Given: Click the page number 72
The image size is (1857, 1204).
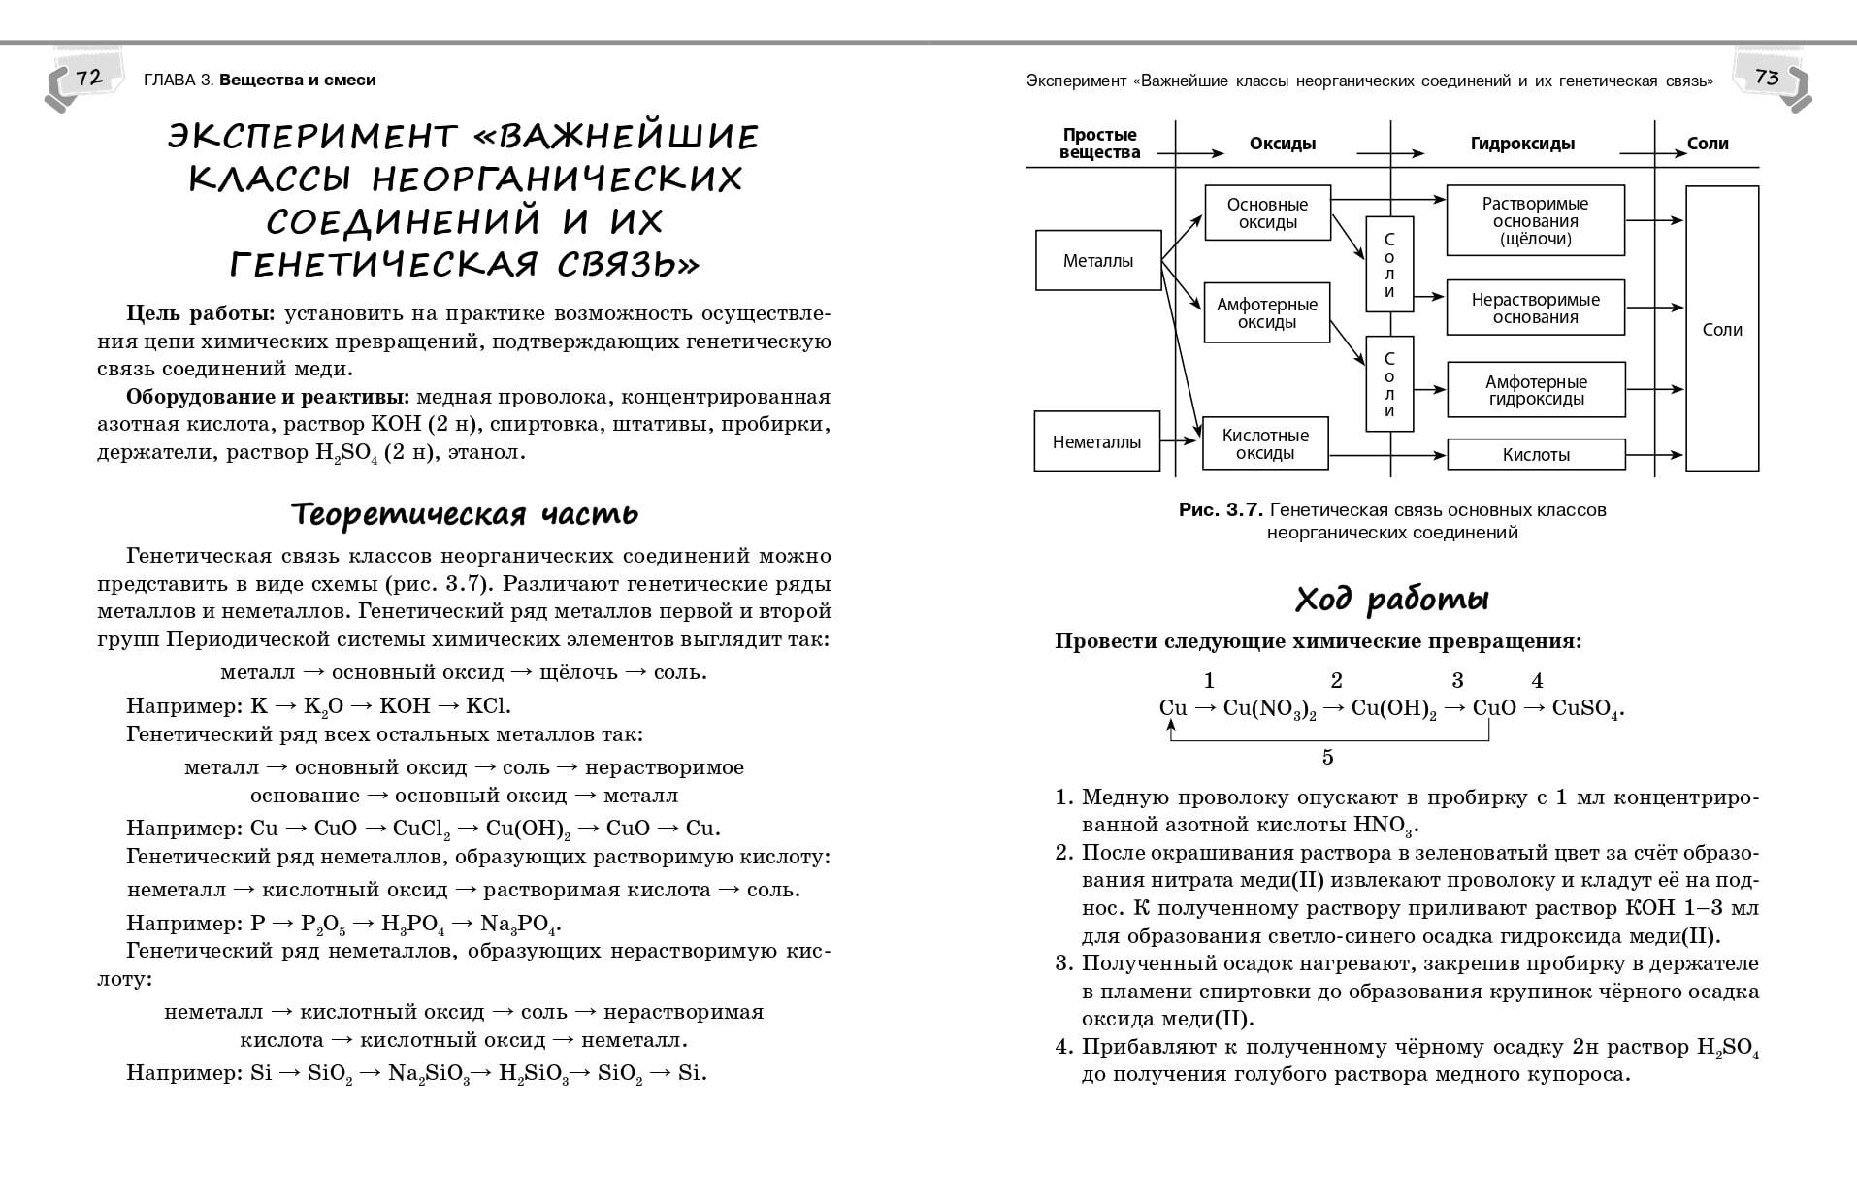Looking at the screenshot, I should (x=88, y=78).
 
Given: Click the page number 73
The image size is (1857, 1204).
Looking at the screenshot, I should (x=1767, y=78).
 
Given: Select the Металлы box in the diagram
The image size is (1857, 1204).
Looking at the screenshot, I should (x=1097, y=260).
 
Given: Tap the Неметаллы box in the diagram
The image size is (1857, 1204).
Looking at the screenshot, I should (x=1096, y=442).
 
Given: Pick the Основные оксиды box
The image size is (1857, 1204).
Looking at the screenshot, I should (x=1266, y=213).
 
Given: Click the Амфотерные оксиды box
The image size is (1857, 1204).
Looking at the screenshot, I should (x=1266, y=313).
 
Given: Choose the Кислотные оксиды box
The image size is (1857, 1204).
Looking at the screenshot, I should (x=1265, y=444).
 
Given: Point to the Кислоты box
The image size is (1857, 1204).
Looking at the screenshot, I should (x=1535, y=455).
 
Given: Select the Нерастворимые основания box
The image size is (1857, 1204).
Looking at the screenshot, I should (x=1535, y=309).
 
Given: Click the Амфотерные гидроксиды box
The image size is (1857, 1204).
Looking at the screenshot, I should (x=1535, y=390).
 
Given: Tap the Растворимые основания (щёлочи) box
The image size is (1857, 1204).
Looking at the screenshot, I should (x=1535, y=220).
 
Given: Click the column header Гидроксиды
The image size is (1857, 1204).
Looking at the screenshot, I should (x=1522, y=144).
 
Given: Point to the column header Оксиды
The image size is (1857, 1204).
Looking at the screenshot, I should (x=1282, y=144).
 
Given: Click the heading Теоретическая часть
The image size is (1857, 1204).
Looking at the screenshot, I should (x=465, y=513).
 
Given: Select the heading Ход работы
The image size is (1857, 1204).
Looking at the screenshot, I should (x=1391, y=599).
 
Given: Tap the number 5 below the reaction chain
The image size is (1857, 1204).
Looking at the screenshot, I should (x=1328, y=757).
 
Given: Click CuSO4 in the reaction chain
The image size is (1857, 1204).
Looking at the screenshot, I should (x=1585, y=709).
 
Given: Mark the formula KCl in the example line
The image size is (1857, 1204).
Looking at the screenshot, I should (x=489, y=706).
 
